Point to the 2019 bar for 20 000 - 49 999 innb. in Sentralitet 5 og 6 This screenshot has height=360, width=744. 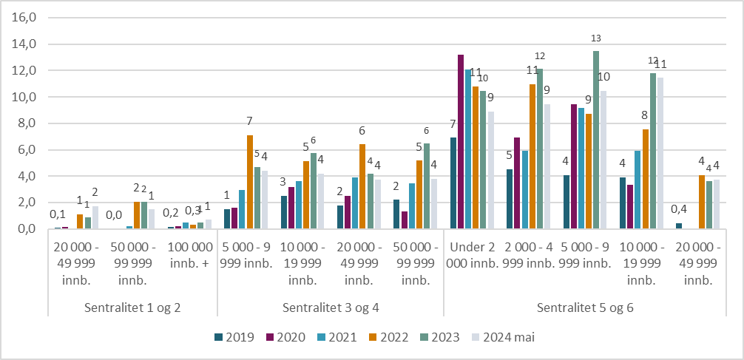point(679,226)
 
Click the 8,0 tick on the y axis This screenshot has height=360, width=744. point(27,123)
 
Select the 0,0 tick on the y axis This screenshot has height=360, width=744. point(27,229)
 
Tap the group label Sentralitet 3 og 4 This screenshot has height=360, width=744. point(330,308)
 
